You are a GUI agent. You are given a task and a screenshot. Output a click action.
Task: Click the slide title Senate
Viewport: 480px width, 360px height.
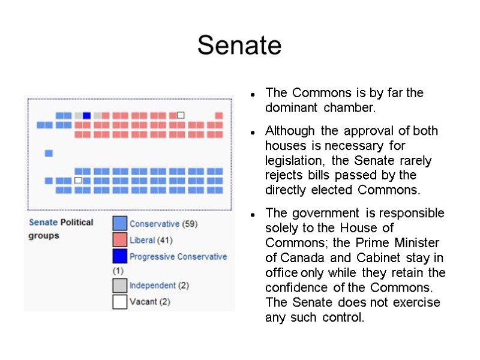click(x=239, y=45)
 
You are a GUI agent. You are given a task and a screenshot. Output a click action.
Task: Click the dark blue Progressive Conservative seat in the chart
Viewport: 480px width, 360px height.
click(x=87, y=116)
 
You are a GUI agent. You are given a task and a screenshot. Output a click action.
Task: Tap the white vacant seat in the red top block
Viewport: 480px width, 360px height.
click(x=181, y=115)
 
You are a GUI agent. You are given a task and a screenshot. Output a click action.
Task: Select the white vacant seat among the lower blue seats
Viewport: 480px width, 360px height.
click(x=78, y=180)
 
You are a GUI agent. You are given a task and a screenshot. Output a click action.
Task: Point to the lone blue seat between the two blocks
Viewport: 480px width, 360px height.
click(x=49, y=154)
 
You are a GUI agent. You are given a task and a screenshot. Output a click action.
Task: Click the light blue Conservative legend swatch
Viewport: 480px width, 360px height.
click(x=120, y=224)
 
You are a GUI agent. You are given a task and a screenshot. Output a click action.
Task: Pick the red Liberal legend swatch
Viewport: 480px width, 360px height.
click(x=120, y=240)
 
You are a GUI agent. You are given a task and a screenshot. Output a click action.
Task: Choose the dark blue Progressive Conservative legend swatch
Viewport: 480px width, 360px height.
click(x=120, y=257)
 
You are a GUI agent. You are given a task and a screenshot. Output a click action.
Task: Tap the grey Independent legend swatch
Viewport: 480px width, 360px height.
click(x=120, y=286)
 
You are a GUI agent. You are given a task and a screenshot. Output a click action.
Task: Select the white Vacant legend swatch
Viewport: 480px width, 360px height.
click(x=120, y=302)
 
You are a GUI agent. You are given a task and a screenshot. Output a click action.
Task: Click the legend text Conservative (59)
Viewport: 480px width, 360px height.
click(x=164, y=224)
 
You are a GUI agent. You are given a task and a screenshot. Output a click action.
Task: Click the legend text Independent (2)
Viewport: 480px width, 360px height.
click(x=159, y=286)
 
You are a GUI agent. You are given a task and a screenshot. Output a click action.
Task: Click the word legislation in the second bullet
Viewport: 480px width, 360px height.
click(x=293, y=161)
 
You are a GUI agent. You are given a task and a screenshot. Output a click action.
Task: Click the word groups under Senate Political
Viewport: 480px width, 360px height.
click(x=44, y=236)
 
